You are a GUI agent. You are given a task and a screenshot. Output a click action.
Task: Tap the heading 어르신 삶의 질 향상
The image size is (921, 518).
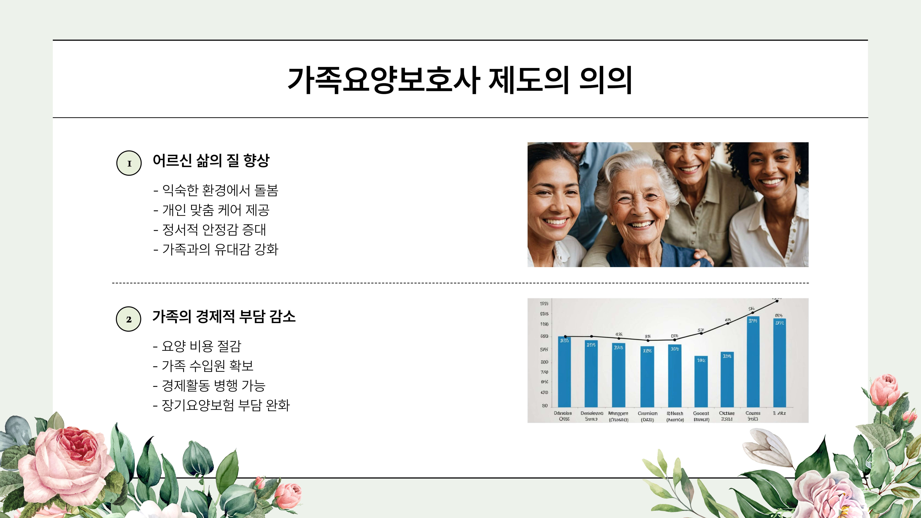click(x=211, y=161)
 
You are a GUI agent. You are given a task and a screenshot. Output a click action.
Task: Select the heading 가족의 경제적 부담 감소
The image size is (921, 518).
click(x=224, y=316)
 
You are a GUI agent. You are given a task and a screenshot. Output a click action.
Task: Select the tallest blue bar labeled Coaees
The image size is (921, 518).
click(x=753, y=361)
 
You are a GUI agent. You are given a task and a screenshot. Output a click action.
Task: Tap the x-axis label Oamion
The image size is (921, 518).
click(x=647, y=413)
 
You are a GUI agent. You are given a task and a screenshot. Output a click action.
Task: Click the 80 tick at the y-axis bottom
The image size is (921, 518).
click(x=544, y=406)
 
